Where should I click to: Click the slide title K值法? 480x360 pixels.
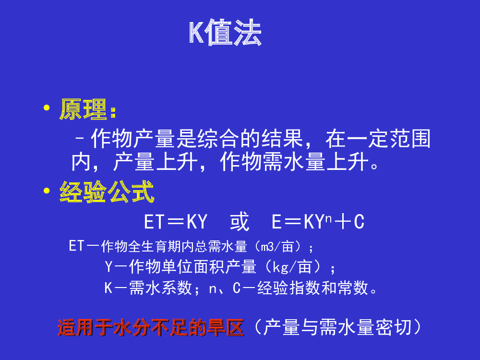tap(225, 33)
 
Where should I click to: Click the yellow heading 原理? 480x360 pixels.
tap(83, 109)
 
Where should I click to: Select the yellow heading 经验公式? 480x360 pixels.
tap(107, 192)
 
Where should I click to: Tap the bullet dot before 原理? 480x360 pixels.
tap(47, 108)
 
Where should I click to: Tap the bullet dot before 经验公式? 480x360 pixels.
tap(47, 191)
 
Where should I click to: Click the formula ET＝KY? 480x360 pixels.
tap(176, 222)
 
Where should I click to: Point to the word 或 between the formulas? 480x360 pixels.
tap(240, 221)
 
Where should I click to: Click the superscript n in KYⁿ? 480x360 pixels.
tap(328, 218)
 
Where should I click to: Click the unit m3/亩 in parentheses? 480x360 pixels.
tap(277, 247)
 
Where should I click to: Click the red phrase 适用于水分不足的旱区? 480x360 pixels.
tap(151, 327)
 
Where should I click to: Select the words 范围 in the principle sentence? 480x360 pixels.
tap(410, 139)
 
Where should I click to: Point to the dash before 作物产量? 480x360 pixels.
tap(80, 139)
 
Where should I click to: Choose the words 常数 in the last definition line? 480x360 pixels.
tap(353, 288)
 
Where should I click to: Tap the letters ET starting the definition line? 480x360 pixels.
tap(76, 246)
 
